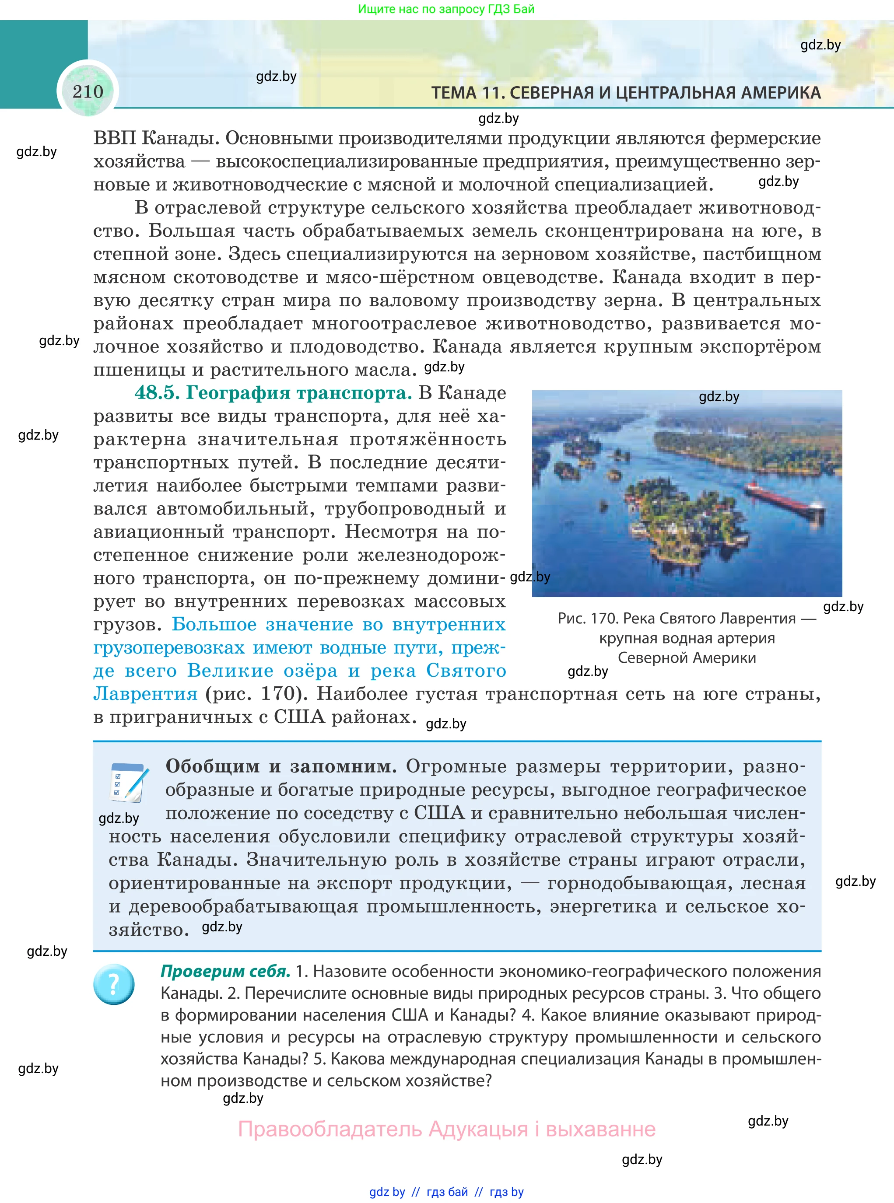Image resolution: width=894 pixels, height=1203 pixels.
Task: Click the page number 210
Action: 88,91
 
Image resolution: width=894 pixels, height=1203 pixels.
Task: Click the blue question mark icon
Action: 114,984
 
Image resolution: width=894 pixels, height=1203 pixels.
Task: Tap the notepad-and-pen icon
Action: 129,782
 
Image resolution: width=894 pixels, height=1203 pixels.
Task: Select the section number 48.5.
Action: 157,393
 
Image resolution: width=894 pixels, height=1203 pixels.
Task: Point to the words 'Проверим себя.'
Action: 226,972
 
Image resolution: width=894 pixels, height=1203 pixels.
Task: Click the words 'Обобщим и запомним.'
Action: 281,766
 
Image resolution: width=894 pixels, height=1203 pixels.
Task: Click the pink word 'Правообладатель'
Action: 330,1130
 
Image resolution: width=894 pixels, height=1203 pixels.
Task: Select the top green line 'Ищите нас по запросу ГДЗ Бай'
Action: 446,9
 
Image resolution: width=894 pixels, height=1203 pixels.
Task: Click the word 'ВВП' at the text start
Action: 114,139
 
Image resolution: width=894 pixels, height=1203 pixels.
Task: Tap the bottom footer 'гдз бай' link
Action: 447,1192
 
